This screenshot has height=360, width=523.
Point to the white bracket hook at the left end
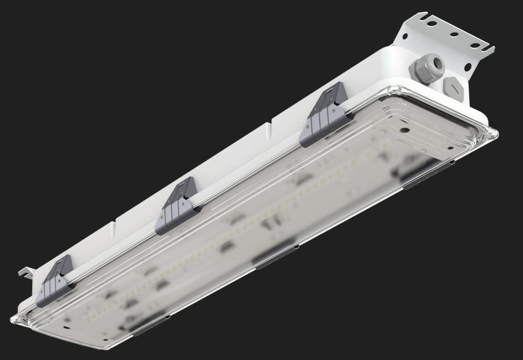coord(24,272)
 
